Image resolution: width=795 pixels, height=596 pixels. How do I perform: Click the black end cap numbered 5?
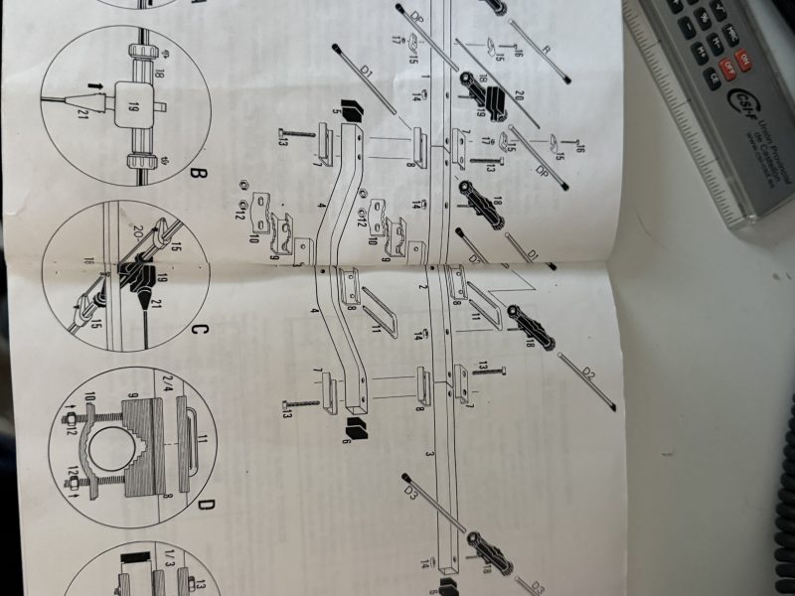click(x=349, y=107)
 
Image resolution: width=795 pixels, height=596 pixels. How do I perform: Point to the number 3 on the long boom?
click(x=427, y=452)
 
